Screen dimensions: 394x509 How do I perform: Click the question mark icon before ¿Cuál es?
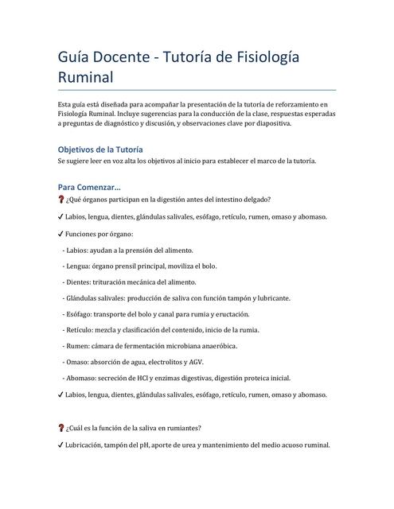coord(61,428)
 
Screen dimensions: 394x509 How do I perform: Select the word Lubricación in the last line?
coord(91,445)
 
